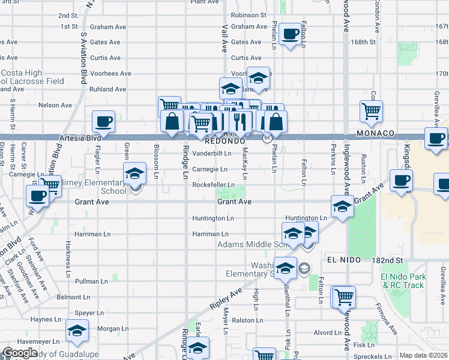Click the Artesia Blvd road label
(80, 138)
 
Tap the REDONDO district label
(225, 142)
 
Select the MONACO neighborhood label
(375, 133)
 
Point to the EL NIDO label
(345, 260)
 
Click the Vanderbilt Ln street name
(212, 154)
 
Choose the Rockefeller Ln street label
(213, 185)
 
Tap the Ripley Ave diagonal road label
(226, 299)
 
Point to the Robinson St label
(248, 14)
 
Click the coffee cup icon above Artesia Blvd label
(103, 122)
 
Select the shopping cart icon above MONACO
(371, 111)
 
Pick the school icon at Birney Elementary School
(134, 175)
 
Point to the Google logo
(20, 353)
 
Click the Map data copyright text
(424, 355)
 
